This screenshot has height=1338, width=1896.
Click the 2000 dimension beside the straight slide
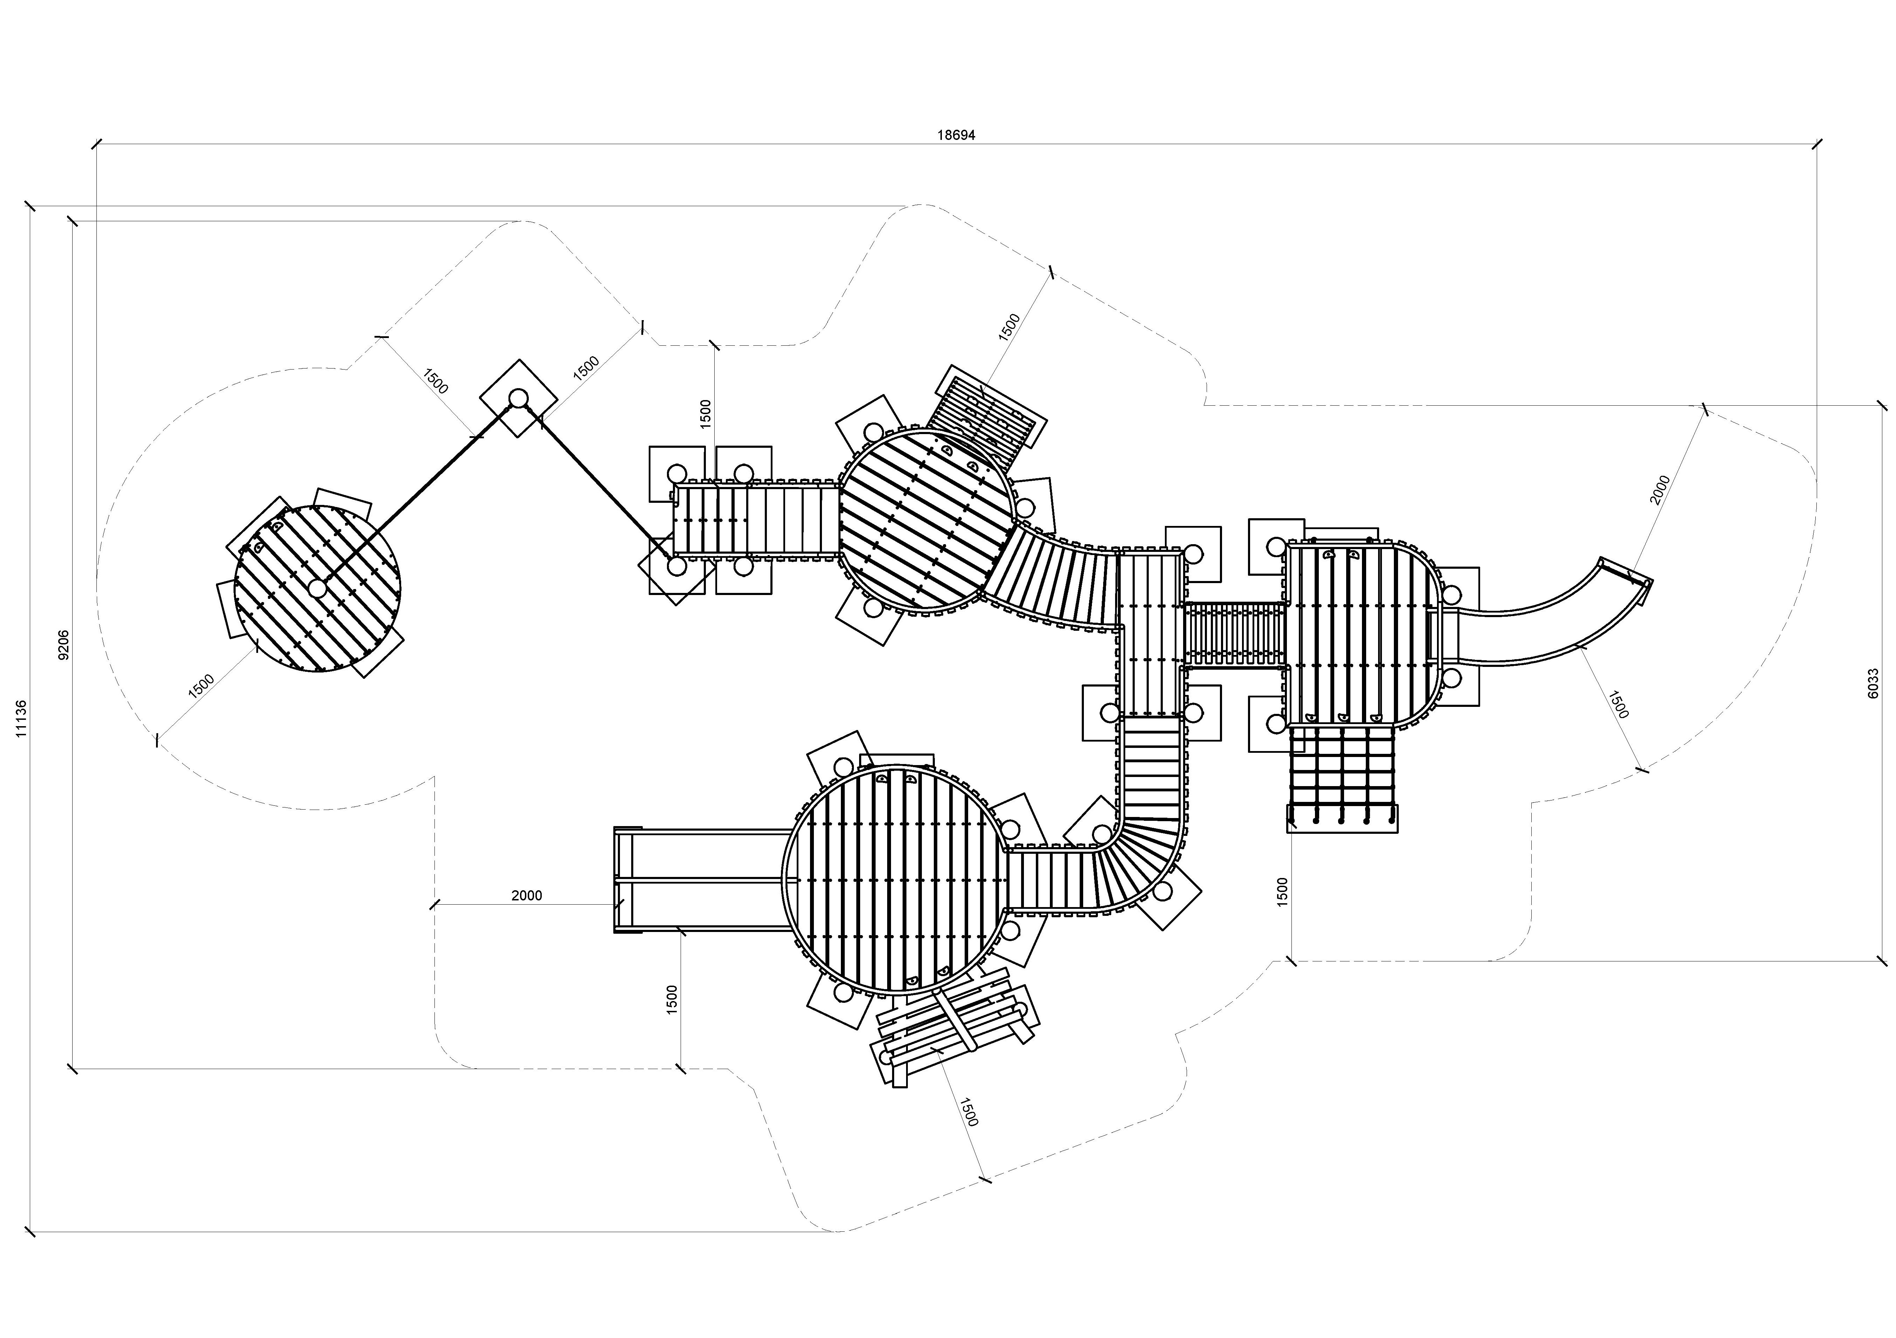527,895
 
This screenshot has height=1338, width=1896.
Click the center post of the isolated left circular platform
317,588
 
